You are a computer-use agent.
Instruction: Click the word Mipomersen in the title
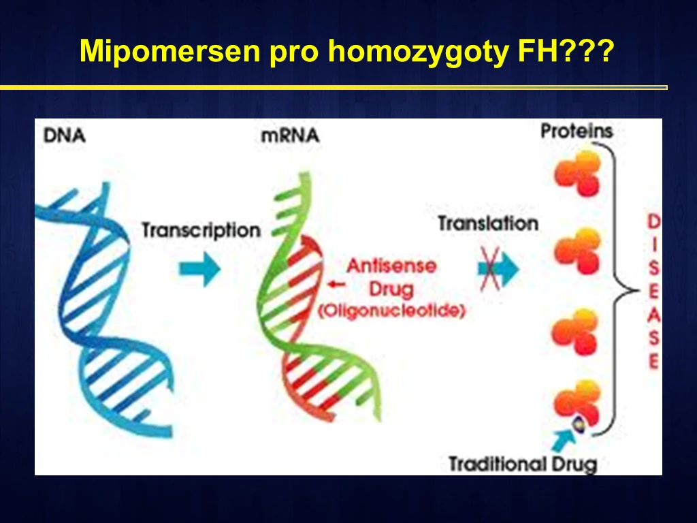(x=169, y=50)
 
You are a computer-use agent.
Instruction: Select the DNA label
(x=65, y=136)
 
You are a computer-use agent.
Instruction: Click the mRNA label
(x=290, y=136)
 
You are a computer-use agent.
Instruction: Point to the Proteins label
(x=577, y=131)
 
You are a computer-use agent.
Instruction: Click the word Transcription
(x=201, y=230)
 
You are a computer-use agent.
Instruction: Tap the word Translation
(x=488, y=223)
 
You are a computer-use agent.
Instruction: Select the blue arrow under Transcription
(x=199, y=269)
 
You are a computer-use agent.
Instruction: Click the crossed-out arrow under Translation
(x=498, y=269)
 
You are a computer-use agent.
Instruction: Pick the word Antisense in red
(x=391, y=266)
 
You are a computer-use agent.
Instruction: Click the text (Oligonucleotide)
(x=391, y=311)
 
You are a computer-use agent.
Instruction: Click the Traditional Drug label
(x=523, y=464)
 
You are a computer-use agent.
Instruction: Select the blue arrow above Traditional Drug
(x=562, y=439)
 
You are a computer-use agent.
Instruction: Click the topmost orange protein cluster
(x=578, y=173)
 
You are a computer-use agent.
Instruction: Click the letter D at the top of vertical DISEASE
(x=653, y=221)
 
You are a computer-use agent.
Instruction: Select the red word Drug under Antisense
(x=391, y=289)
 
